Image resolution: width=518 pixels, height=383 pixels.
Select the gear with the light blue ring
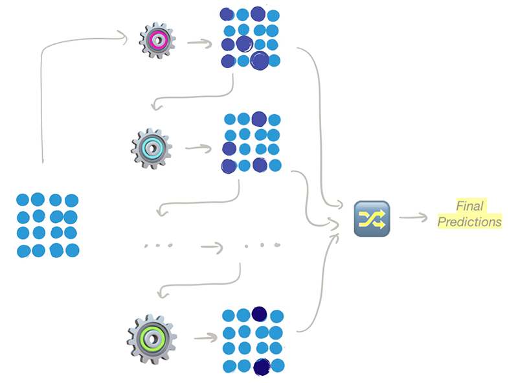coord(151,148)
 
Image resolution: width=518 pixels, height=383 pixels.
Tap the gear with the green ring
coord(152,338)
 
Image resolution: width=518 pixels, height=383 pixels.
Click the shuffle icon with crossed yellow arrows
coord(370,218)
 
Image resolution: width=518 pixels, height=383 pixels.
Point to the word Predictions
coord(469,222)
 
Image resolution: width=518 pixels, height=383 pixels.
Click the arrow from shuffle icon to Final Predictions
coord(414,218)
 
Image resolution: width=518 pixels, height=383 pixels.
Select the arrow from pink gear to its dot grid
coord(198,43)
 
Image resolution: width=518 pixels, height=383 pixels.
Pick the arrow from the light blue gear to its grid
coord(198,148)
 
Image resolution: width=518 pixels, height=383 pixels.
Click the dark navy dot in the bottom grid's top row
coord(260,314)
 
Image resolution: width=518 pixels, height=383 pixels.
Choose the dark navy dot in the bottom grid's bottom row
coord(261,367)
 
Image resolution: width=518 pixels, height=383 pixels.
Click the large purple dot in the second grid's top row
coord(259,119)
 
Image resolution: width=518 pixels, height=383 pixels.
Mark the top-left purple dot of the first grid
coord(227,14)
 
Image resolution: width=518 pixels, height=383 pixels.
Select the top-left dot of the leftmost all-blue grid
coord(23,200)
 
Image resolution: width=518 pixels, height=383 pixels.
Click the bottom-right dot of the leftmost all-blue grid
coord(73,250)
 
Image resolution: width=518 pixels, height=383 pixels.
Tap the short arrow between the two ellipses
coord(212,247)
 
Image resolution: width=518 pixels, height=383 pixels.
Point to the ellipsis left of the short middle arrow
coord(157,246)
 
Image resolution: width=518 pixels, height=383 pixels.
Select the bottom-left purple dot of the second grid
coord(229,166)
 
